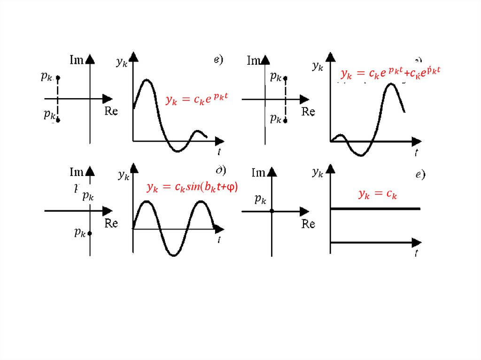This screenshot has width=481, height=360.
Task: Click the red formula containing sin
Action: [192, 188]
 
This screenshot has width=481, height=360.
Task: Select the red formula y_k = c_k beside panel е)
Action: [377, 194]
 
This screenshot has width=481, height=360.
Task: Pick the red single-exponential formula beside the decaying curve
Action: [197, 100]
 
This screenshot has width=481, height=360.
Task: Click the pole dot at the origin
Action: [272, 211]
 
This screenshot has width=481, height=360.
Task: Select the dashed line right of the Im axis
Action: [286, 99]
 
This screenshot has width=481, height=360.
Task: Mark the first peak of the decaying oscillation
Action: [147, 80]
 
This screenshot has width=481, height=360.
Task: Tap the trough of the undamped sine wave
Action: [174, 255]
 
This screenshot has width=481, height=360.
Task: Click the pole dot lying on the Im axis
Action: [90, 233]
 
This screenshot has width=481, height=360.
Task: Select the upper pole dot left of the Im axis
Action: [58, 77]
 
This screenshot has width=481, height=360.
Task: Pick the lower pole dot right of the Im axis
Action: [286, 121]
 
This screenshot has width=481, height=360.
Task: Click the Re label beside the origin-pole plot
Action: [308, 224]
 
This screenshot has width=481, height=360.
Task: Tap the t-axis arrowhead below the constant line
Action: [417, 242]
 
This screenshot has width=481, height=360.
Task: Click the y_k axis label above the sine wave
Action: [124, 176]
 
